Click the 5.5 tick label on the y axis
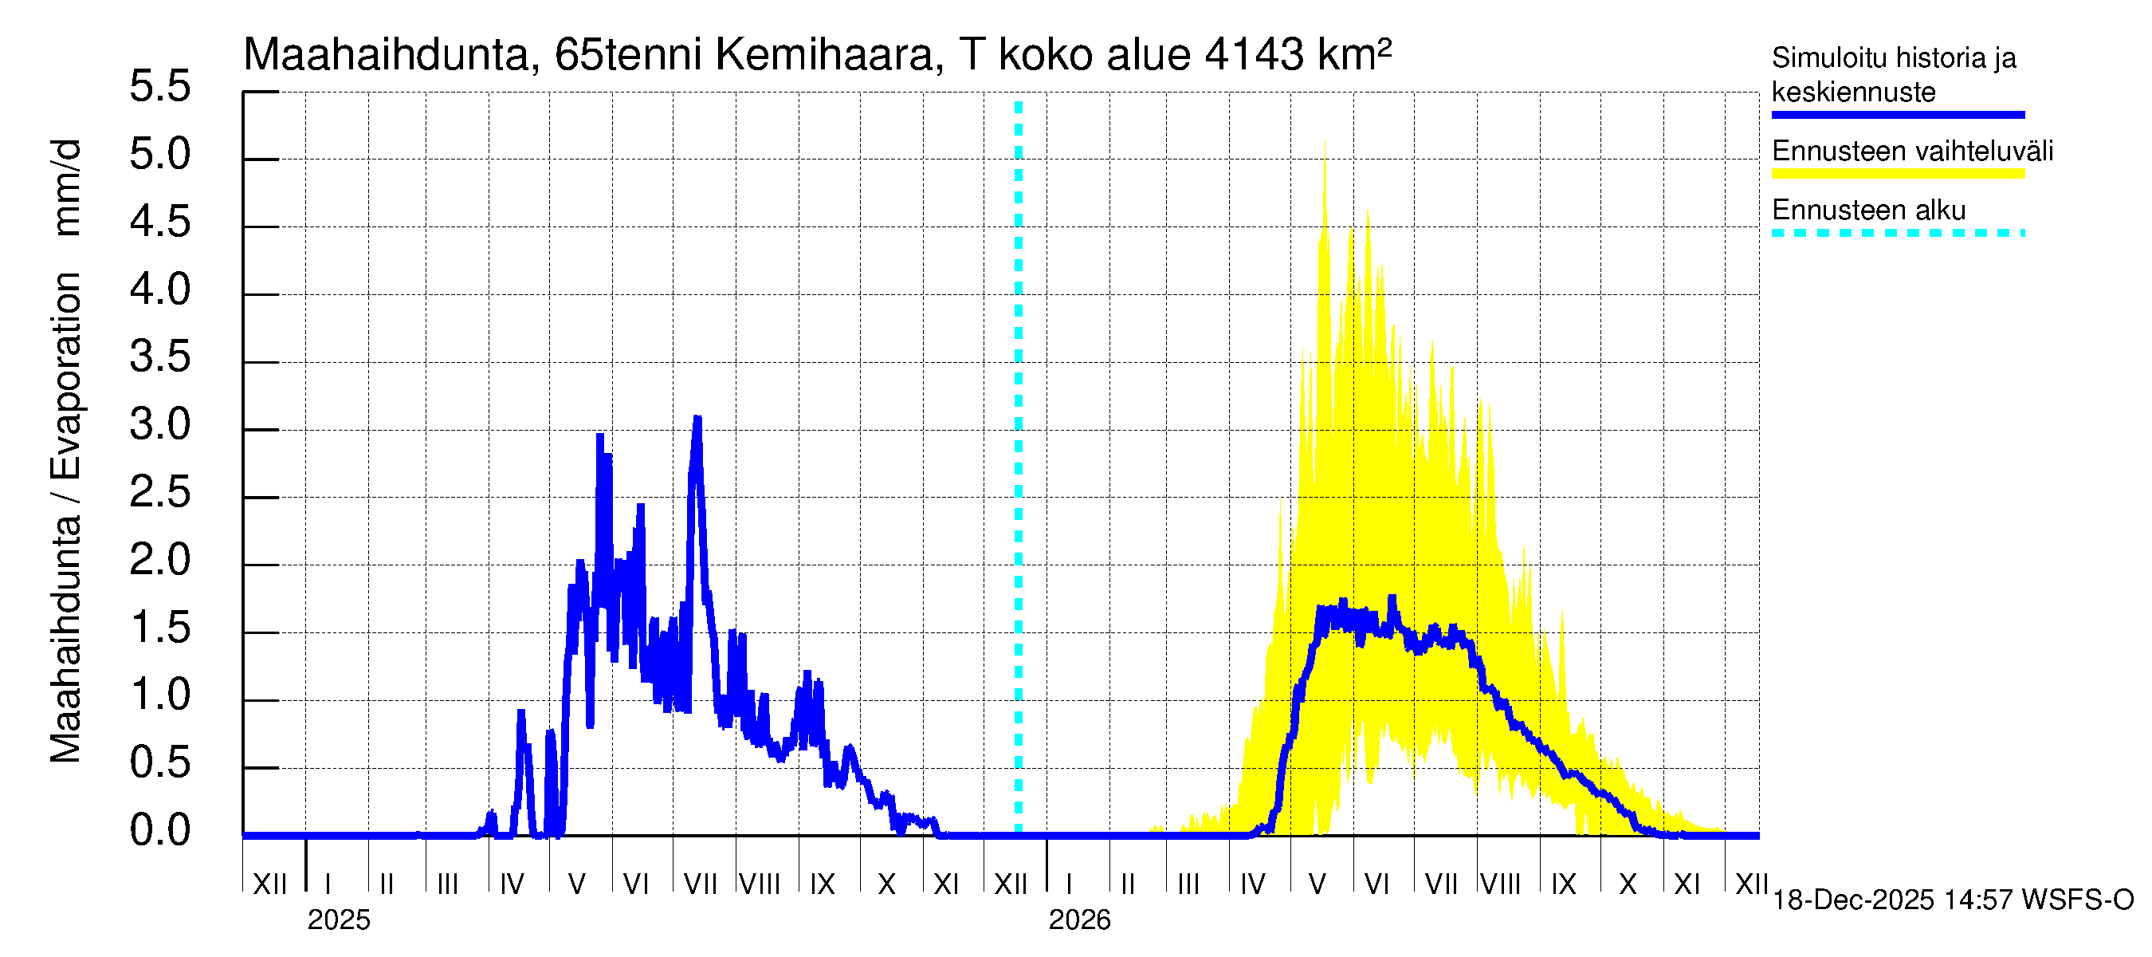[x=159, y=87]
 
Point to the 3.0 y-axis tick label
[x=159, y=425]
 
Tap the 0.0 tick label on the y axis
[x=159, y=831]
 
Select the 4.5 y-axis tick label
[x=159, y=223]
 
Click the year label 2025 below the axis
[x=338, y=920]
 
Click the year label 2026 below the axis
[x=1079, y=920]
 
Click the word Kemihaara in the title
[x=823, y=55]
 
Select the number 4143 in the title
[x=1254, y=55]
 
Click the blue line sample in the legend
[x=1897, y=116]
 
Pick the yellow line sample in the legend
[x=1897, y=174]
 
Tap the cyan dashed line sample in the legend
[x=1897, y=233]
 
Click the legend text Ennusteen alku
[x=1869, y=210]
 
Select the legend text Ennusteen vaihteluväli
[x=1912, y=152]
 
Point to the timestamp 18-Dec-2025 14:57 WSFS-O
[x=1952, y=900]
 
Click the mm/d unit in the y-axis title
[x=66, y=188]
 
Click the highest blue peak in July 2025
[x=697, y=418]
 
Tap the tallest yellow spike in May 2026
[x=1325, y=142]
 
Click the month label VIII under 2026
[x=1500, y=884]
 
